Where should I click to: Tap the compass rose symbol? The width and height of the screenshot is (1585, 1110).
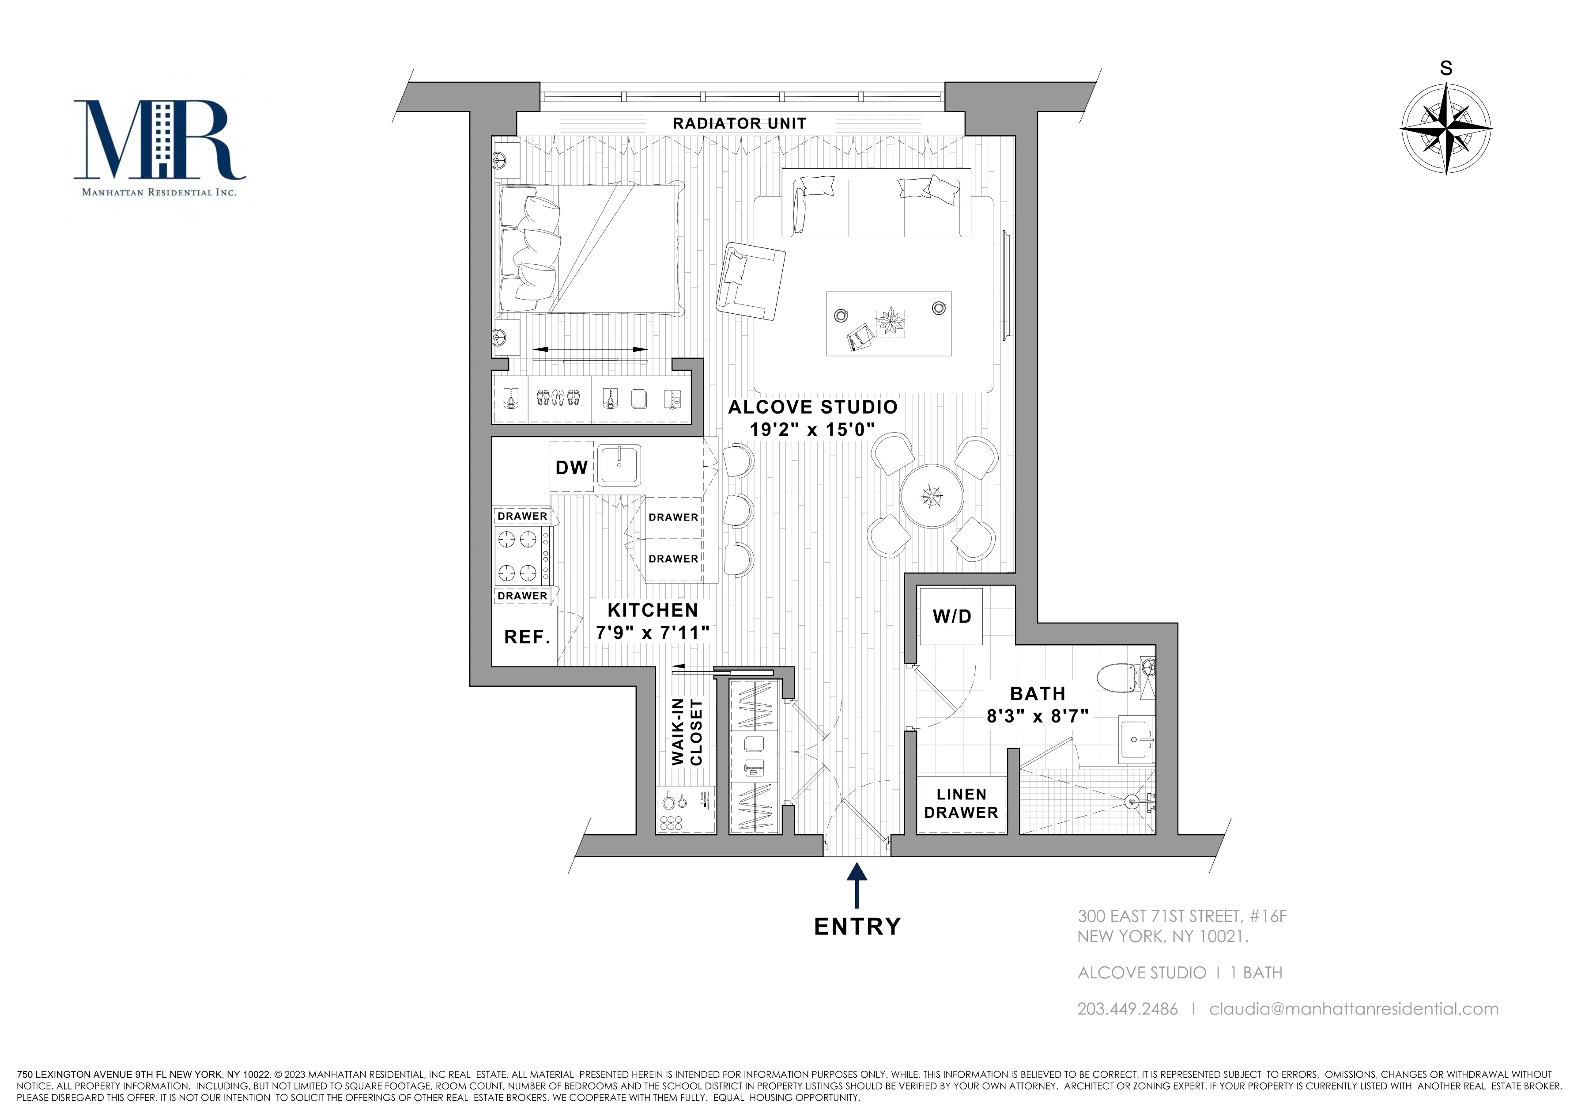[1445, 129]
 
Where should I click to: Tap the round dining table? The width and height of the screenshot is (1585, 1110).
[931, 496]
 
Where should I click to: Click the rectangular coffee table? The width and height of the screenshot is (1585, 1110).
[888, 323]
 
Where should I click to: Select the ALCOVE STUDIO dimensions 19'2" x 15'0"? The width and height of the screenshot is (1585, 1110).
[812, 430]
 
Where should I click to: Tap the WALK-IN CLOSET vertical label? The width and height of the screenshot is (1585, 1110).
[687, 732]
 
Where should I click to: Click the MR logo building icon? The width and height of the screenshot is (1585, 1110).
[163, 138]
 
